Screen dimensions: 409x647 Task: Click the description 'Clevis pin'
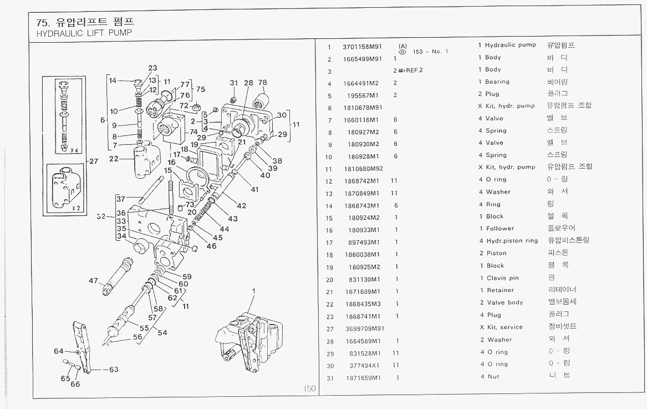pos(502,278)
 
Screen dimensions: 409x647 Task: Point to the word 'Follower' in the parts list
pos(500,229)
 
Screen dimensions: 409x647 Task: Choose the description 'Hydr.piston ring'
pos(512,241)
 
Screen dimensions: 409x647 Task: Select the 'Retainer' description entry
pos(500,290)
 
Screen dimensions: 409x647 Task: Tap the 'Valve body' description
pos(505,302)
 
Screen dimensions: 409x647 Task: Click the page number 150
pos(309,389)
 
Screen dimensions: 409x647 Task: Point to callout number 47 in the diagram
pos(93,281)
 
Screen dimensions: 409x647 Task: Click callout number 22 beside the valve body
pos(114,159)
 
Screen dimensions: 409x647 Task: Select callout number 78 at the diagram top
pos(262,83)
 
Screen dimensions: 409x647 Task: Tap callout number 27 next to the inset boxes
pos(93,161)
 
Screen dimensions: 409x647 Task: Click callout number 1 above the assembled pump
pos(253,290)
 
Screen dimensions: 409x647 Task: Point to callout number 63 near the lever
pos(114,369)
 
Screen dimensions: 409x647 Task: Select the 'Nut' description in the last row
pos(493,377)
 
